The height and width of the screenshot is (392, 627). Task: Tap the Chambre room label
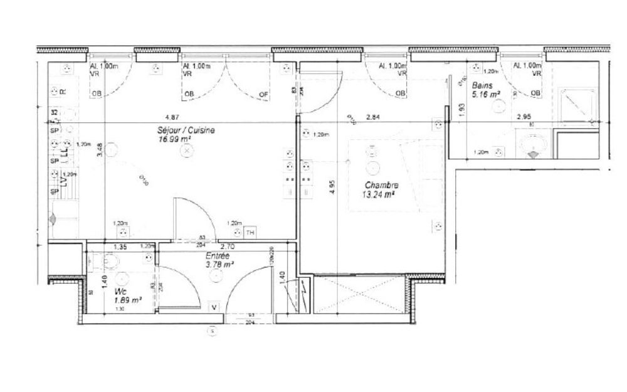pyautogui.click(x=381, y=186)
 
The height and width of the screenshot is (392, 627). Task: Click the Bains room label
pyautogui.click(x=482, y=85)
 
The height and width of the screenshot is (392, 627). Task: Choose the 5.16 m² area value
pyautogui.click(x=486, y=94)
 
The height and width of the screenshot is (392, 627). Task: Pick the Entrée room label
pyautogui.click(x=218, y=256)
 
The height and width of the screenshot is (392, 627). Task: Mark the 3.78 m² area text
pyautogui.click(x=220, y=265)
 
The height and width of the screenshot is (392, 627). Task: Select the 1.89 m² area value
pyautogui.click(x=127, y=300)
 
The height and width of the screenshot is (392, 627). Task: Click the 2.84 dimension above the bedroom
pyautogui.click(x=373, y=117)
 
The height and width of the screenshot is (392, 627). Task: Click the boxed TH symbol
pyautogui.click(x=250, y=233)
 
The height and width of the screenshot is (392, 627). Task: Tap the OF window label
pyautogui.click(x=264, y=95)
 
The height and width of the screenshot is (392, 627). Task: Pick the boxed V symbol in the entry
pyautogui.click(x=214, y=307)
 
